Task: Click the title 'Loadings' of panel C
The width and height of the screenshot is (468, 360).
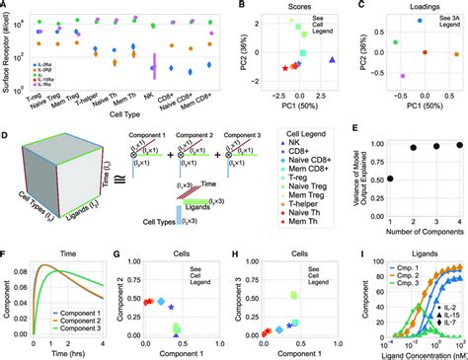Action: coord(414,9)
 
